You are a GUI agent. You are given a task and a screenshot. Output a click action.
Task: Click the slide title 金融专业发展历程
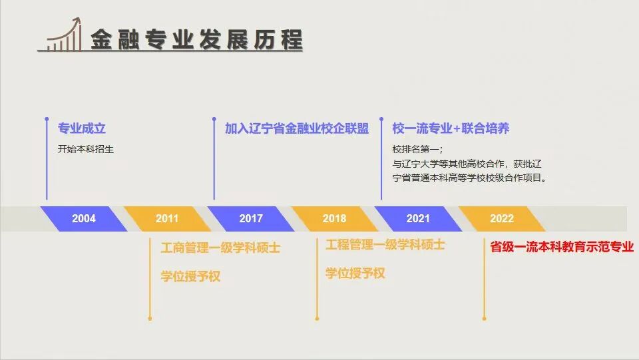[x=196, y=39]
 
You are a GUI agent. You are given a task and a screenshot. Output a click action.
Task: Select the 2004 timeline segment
[x=84, y=219]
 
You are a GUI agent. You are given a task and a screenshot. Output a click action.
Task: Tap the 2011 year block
[x=167, y=219]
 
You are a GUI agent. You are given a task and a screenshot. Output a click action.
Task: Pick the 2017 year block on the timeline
[x=251, y=219]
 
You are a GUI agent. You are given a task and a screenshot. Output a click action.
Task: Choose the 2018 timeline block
[x=335, y=219]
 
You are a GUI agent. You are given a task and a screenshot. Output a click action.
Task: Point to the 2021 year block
[x=418, y=219]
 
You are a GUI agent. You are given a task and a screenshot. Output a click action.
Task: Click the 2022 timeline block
[x=502, y=219]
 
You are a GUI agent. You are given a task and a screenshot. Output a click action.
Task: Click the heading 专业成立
[x=81, y=128]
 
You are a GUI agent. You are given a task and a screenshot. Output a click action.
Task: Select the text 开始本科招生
[x=86, y=149]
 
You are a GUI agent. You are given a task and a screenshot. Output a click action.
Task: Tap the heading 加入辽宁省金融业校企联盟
[x=297, y=128]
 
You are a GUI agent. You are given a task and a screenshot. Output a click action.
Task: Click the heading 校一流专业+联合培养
[x=451, y=128]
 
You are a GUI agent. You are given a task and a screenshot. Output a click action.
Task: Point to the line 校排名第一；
[x=417, y=149]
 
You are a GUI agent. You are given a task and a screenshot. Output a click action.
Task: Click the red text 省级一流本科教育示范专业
[x=562, y=247]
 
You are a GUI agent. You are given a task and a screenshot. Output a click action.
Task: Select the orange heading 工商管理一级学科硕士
[x=220, y=248]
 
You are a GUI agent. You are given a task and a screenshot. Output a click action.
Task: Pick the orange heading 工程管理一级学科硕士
[x=385, y=244]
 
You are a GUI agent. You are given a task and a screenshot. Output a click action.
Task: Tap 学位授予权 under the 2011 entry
[x=191, y=277]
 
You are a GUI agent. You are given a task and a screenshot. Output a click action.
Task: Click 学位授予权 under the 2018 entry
[x=355, y=273]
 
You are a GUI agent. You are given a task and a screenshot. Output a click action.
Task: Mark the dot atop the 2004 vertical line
[x=47, y=119]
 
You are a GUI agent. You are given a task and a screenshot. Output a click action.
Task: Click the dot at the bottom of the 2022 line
[x=484, y=319]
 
